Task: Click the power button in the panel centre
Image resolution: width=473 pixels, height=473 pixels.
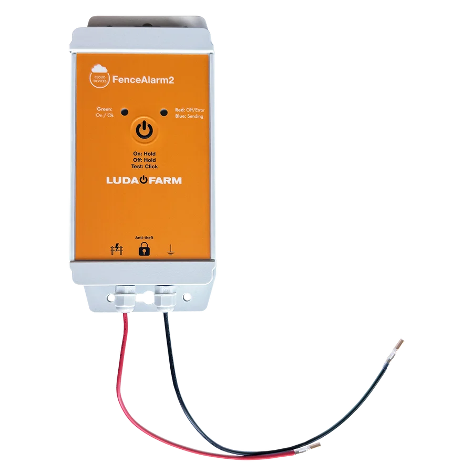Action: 145,130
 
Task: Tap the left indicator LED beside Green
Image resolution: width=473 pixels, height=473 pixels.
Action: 125,112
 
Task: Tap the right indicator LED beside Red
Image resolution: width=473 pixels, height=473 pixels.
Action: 164,113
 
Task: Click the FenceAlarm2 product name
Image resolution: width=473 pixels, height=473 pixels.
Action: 143,80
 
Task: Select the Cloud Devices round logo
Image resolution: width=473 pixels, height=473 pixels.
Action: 99,77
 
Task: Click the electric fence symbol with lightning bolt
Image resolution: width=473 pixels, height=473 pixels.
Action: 117,250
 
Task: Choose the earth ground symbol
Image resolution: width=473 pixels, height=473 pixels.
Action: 171,250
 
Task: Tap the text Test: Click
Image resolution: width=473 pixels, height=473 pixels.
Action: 145,167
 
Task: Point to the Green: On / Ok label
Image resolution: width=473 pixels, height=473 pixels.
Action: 105,112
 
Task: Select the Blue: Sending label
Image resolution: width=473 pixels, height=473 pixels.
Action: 189,116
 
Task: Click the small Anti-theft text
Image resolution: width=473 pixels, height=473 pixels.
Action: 144,238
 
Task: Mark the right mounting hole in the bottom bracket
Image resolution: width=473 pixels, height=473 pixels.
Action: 187,297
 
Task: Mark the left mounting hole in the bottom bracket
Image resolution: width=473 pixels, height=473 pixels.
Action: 110,298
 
